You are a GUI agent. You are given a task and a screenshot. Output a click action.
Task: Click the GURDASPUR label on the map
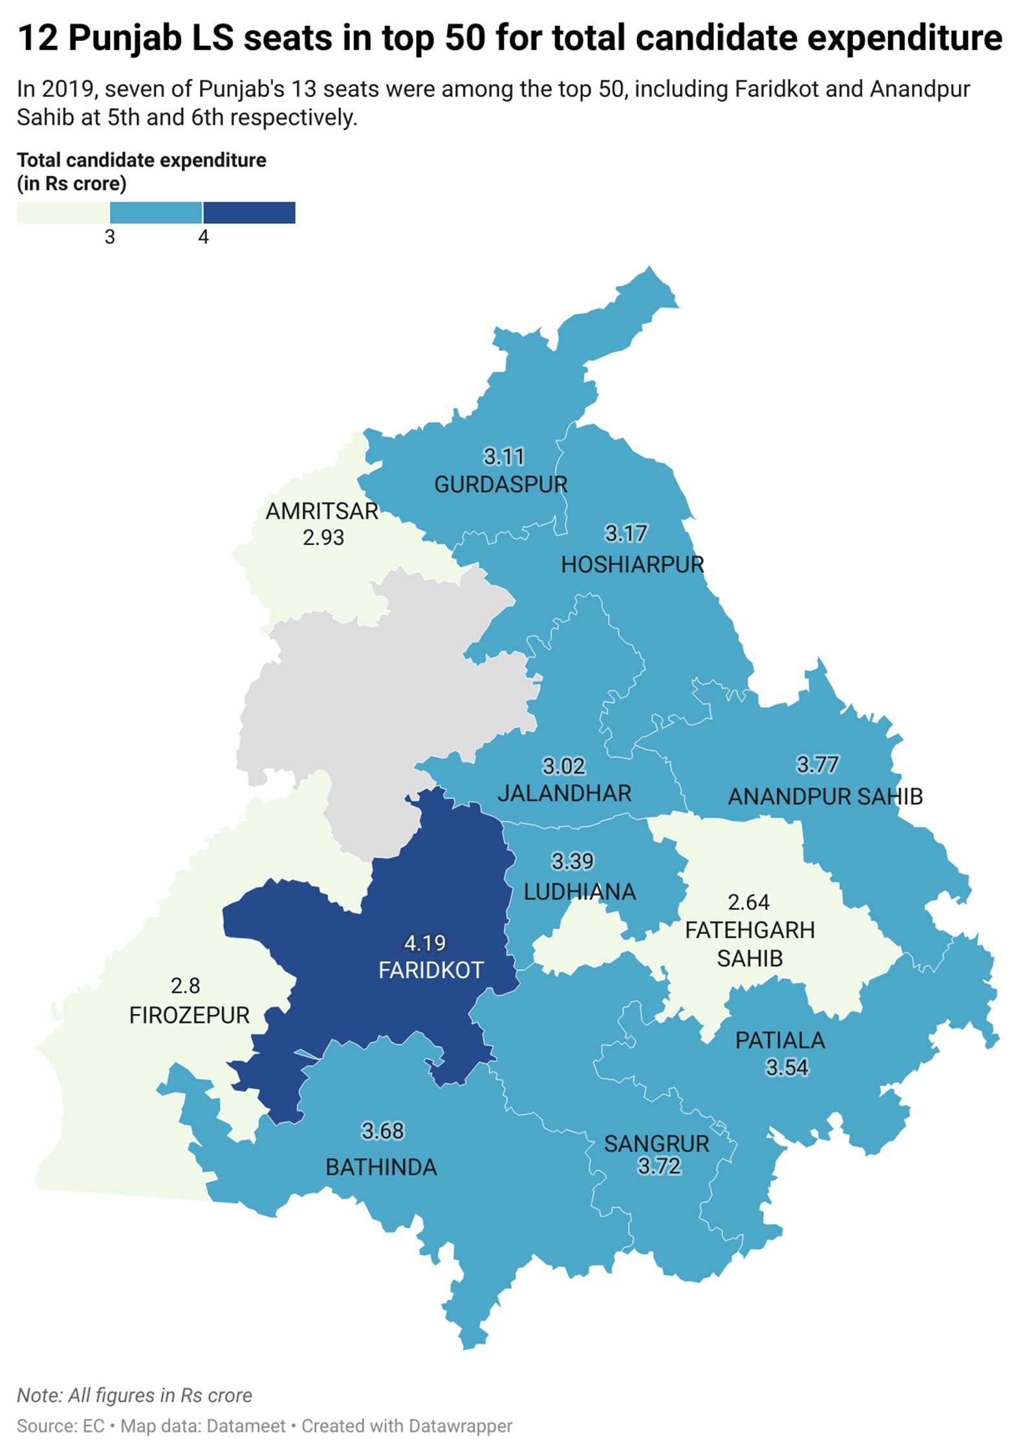(500, 484)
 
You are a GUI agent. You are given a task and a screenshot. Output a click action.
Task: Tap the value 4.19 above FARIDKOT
(424, 943)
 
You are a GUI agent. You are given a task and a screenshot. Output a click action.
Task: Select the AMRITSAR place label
(321, 511)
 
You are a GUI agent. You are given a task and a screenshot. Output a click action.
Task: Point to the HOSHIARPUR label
(632, 564)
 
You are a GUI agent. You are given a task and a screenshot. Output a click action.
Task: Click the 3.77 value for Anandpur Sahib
(817, 765)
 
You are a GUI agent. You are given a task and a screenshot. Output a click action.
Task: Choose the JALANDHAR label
(564, 793)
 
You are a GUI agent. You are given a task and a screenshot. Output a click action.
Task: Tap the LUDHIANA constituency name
(579, 892)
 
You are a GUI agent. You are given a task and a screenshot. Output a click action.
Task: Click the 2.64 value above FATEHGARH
(748, 902)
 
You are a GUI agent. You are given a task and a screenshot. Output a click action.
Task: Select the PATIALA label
(780, 1040)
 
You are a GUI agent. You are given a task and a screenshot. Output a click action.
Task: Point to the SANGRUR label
(657, 1144)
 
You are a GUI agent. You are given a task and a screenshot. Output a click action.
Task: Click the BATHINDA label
(381, 1167)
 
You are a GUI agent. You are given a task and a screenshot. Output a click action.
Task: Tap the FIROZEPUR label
(189, 1015)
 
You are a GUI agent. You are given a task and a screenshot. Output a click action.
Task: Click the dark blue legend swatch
(249, 213)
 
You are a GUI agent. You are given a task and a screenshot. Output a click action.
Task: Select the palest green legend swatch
(63, 213)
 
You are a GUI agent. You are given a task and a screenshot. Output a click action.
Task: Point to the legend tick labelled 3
(110, 237)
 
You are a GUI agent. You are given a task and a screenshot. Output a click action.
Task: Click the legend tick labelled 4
(203, 237)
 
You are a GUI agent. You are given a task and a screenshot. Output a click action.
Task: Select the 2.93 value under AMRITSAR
(323, 537)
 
